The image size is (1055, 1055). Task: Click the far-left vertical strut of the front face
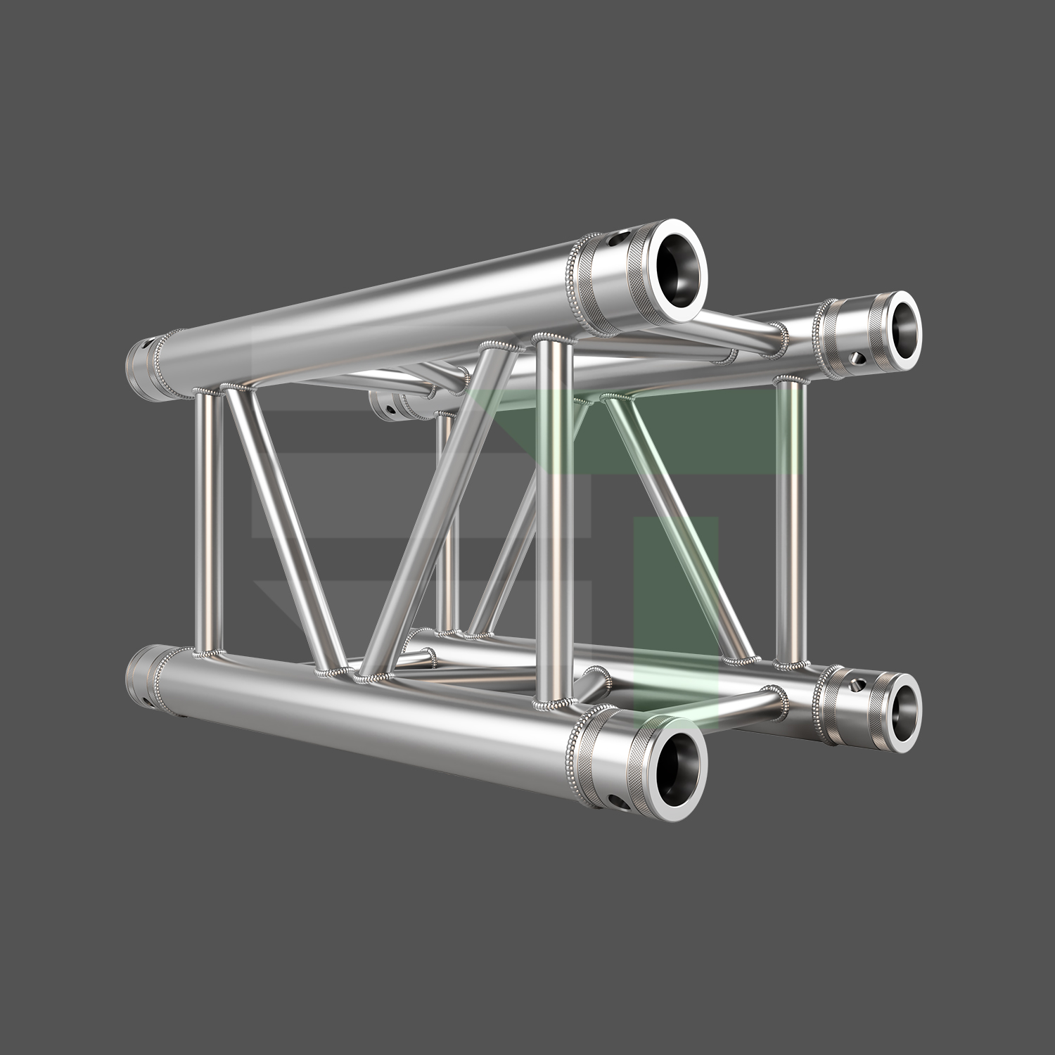(x=209, y=520)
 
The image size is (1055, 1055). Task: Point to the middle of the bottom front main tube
(x=366, y=710)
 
